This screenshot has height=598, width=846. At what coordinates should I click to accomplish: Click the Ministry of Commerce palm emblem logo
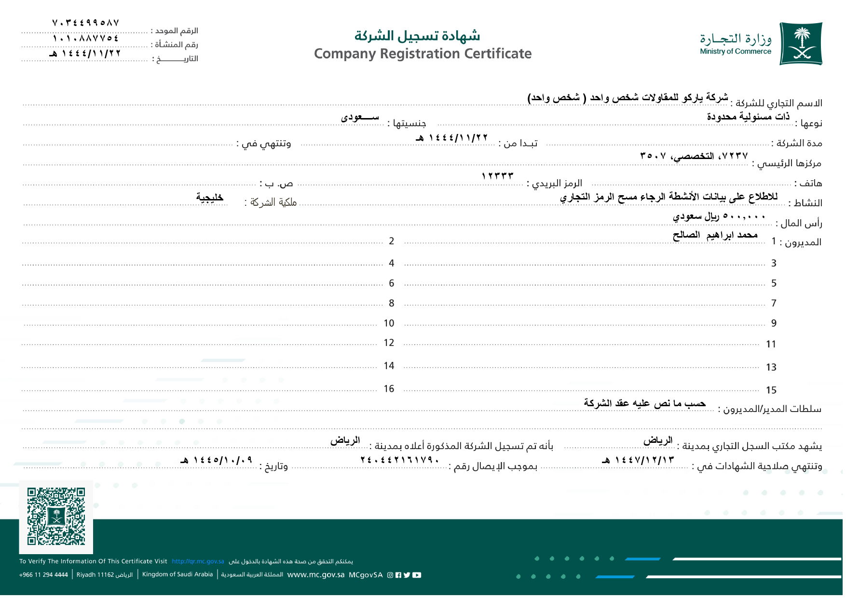(x=801, y=43)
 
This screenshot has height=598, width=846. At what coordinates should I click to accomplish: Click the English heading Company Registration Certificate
(x=423, y=53)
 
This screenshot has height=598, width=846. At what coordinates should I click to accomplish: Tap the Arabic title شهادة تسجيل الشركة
(x=417, y=35)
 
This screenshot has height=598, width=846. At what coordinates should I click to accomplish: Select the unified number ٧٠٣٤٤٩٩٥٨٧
(x=85, y=23)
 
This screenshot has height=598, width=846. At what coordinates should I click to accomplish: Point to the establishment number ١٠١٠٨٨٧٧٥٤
(x=85, y=38)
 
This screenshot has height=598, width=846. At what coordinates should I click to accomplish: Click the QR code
(x=56, y=516)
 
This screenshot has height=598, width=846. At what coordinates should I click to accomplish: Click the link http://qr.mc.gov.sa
(x=198, y=561)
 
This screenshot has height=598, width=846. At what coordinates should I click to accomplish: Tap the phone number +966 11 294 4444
(x=43, y=575)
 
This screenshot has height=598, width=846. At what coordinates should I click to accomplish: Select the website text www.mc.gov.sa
(x=315, y=575)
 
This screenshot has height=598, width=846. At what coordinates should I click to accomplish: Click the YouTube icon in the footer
(x=417, y=575)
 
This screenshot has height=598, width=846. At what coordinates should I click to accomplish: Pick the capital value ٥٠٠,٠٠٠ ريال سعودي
(x=719, y=216)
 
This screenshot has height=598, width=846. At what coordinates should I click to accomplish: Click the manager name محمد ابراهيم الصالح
(x=715, y=235)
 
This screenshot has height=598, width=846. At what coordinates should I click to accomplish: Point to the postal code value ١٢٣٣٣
(x=497, y=176)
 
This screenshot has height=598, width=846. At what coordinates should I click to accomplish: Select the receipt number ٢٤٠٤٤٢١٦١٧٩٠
(x=400, y=460)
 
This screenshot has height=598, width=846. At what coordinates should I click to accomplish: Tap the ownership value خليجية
(x=210, y=197)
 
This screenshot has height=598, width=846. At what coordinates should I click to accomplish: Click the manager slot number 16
(x=389, y=389)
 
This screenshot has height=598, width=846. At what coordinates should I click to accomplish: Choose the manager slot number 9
(x=774, y=323)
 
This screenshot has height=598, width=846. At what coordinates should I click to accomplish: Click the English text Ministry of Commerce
(x=736, y=52)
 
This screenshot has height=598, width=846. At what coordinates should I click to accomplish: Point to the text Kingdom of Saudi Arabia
(x=177, y=574)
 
